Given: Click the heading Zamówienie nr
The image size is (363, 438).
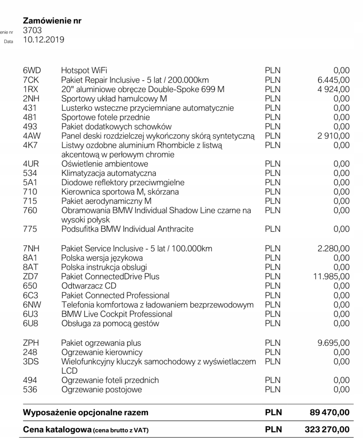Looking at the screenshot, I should [x=52, y=21].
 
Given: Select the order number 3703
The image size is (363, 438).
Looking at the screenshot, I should [x=32, y=30].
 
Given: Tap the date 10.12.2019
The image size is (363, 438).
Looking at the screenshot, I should [x=43, y=40].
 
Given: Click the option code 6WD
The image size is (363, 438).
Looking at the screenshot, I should [x=32, y=70].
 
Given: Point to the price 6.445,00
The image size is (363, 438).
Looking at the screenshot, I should [x=334, y=80].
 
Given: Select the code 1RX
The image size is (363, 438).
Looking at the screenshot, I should [x=30, y=89].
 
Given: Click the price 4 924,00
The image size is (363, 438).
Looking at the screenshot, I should [x=334, y=89].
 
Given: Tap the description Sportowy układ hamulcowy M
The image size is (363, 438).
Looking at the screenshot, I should [x=114, y=99].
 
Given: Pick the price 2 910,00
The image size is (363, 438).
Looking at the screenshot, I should [x=334, y=136].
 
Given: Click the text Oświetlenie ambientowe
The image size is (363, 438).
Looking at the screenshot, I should [x=105, y=164].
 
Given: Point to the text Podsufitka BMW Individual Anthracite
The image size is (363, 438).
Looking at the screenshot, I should [x=127, y=229].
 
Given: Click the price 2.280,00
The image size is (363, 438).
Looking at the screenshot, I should [x=334, y=249].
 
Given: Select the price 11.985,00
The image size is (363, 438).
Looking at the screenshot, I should [x=332, y=277].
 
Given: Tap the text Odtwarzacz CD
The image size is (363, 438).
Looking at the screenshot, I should [x=89, y=286].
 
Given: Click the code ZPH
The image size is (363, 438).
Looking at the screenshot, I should [x=31, y=343].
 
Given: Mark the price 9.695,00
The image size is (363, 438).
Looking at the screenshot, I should [x=334, y=343].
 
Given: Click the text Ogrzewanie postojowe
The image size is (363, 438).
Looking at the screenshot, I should [x=102, y=390].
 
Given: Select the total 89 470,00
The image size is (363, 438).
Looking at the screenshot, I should [x=329, y=413].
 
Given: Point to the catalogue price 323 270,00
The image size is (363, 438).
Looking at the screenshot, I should [x=327, y=430].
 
